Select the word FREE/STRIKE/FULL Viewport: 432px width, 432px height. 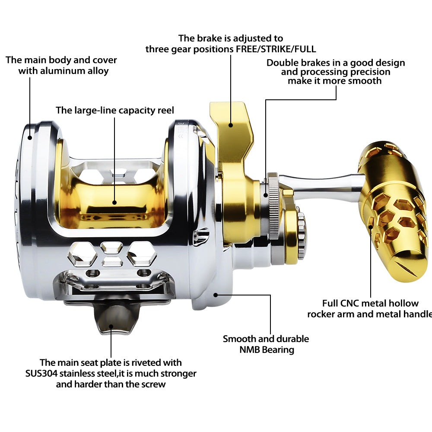(x=276, y=49)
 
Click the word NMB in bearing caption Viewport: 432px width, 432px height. (x=248, y=349)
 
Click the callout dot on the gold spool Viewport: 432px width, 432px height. (x=115, y=202)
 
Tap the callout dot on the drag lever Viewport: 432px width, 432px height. (x=231, y=125)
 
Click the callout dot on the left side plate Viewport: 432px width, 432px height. (x=30, y=138)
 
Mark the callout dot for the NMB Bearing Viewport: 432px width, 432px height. (x=216, y=295)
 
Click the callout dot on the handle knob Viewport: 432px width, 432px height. (x=371, y=223)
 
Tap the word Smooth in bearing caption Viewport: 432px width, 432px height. (x=239, y=339)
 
